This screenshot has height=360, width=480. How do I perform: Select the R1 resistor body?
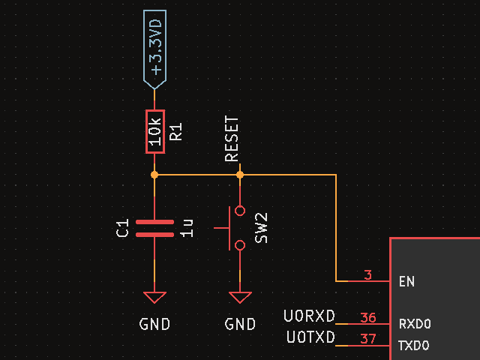coord(154,131)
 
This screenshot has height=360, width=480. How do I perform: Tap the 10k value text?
coord(154,131)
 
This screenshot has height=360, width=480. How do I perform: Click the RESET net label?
coord(232,139)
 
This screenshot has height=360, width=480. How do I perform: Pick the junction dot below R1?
coord(154,175)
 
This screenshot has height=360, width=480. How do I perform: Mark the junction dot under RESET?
coord(240,175)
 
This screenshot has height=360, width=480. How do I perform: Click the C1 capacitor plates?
coord(154,228)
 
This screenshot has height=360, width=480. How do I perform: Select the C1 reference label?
coord(123,228)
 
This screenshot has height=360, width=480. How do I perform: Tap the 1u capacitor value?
coord(187,228)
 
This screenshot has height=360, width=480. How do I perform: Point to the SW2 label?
coord(261,227)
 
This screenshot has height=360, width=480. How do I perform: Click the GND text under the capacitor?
coord(154,325)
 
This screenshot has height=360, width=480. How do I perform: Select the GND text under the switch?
coord(240,325)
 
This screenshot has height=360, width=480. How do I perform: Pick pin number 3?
coord(367,275)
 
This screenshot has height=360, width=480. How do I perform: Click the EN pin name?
coord(406,282)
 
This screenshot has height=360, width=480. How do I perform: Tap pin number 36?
coord(367,318)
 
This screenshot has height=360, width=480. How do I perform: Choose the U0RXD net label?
coord(310,316)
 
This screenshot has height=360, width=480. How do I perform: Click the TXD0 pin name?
coord(414,346)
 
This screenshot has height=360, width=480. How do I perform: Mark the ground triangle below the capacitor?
coord(154,297)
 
